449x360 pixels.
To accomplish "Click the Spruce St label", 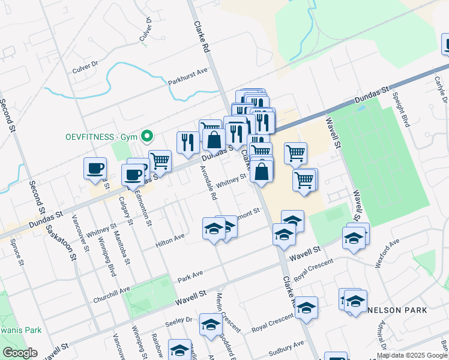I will click(x=16, y=253).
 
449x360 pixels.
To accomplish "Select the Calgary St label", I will click(x=125, y=209).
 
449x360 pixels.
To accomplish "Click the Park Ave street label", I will click(x=190, y=276).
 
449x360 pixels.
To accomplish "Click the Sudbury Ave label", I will click(x=286, y=347).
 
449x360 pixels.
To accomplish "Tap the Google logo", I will click(x=19, y=352).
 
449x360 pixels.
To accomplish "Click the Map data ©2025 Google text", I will click(x=411, y=355).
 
